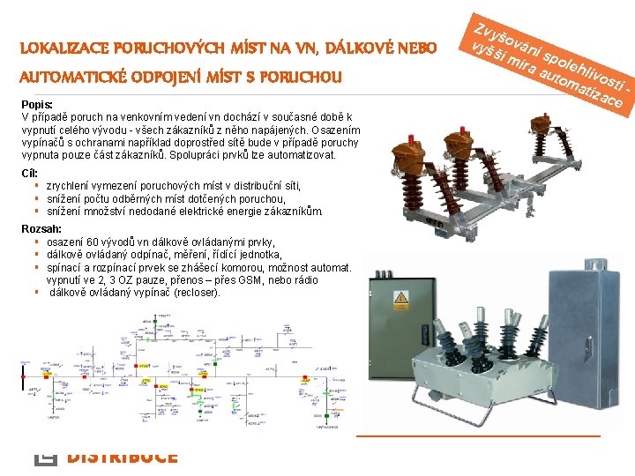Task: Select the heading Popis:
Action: coord(36,105)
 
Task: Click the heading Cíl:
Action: coord(29,172)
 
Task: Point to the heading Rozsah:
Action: coord(41,229)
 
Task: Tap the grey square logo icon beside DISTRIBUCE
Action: coord(45,457)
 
